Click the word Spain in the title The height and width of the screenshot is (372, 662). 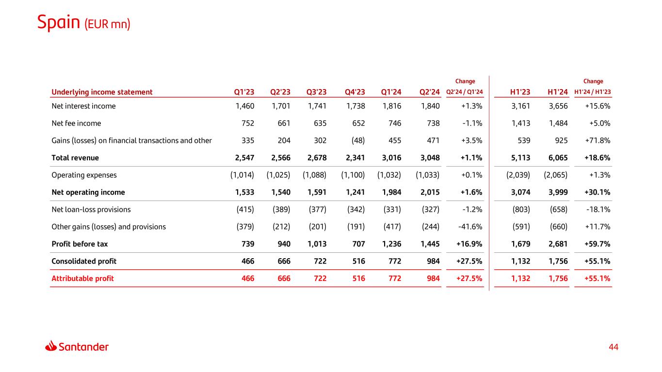(x=59, y=22)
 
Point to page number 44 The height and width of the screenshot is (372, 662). (x=614, y=347)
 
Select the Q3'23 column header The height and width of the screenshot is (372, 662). (x=317, y=92)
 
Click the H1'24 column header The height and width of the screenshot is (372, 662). (x=558, y=92)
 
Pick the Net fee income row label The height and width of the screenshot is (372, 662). (x=76, y=124)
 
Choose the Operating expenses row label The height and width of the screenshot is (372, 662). (x=84, y=175)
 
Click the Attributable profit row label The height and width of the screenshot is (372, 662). (x=82, y=279)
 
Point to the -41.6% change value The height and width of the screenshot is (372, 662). (x=470, y=227)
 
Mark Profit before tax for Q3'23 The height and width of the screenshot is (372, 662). (x=316, y=244)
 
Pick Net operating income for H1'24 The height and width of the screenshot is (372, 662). (x=558, y=192)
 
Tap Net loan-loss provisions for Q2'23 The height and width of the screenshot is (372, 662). (x=278, y=210)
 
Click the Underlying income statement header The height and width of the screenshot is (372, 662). (x=102, y=92)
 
